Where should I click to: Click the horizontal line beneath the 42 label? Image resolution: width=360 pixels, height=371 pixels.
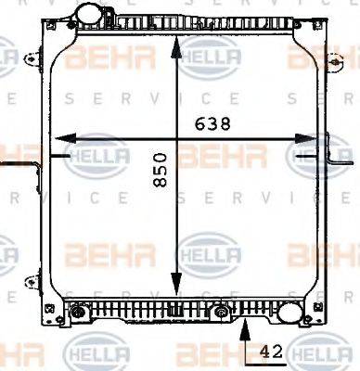269,363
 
